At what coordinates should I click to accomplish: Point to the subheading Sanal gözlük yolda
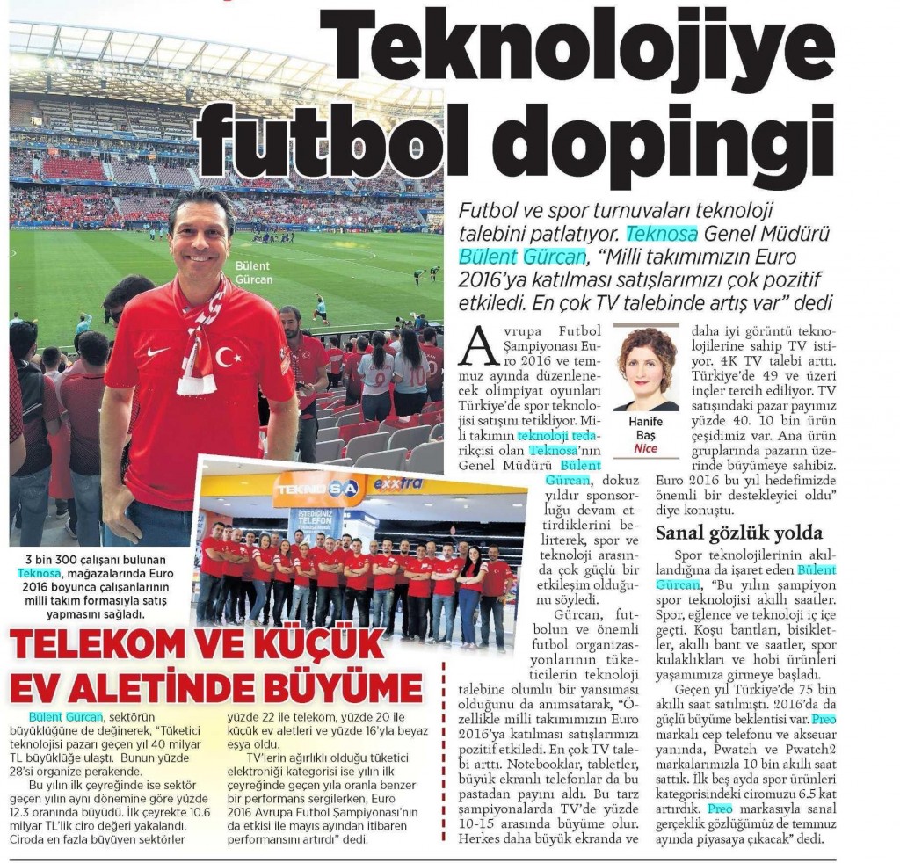coord(739,533)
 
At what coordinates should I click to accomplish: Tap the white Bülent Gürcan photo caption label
coord(254,272)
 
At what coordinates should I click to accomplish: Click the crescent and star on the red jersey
coord(228,357)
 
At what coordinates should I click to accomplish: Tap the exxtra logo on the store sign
coord(398,483)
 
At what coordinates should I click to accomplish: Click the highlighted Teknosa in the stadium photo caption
coord(39,573)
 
